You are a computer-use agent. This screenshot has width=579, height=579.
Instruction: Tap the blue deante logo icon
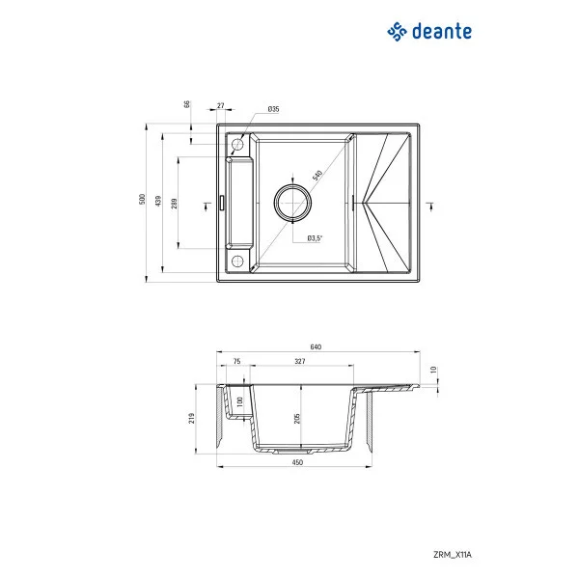point(397,32)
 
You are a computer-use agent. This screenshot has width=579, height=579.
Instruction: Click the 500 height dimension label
point(141,200)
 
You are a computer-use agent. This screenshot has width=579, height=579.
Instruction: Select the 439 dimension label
point(158,200)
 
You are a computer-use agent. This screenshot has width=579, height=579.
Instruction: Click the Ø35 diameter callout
point(273,110)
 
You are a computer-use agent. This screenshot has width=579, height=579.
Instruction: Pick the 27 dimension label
point(221,104)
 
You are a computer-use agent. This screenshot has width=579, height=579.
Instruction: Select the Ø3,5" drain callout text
point(314,237)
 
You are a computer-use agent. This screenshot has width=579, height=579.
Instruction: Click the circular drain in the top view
point(292,201)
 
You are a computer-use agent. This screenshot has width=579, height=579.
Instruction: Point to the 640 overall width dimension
point(316,346)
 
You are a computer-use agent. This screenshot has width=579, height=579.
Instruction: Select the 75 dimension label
point(236,363)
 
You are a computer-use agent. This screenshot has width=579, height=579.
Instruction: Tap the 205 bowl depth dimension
point(298,417)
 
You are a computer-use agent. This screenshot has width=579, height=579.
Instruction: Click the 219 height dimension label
point(194,418)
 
